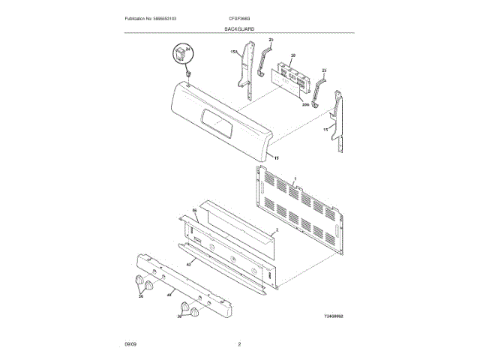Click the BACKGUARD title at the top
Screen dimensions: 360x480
pos(239,28)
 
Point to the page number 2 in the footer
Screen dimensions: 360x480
pos(239,343)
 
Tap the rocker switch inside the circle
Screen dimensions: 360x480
pos(181,54)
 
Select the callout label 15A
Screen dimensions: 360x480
pos(234,52)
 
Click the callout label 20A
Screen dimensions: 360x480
pos(305,106)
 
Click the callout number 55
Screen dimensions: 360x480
pos(194,211)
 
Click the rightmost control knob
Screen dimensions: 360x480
pos(197,313)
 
